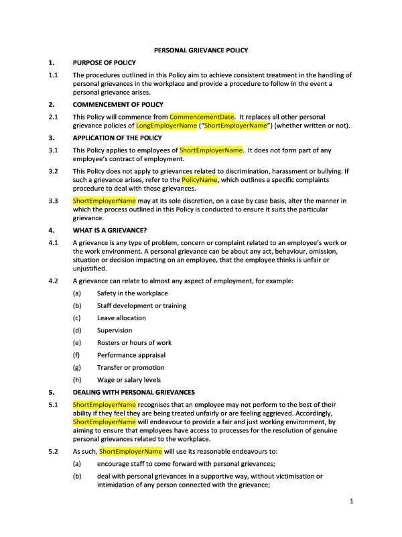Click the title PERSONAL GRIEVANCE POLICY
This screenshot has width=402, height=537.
click(201, 50)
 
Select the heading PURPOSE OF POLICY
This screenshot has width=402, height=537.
click(104, 62)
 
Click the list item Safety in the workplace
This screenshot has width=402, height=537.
click(132, 293)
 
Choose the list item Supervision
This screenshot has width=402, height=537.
click(115, 330)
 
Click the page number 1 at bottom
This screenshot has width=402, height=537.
click(352, 501)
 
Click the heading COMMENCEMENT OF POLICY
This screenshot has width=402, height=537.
click(117, 105)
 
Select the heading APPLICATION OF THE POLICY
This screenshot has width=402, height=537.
click(117, 138)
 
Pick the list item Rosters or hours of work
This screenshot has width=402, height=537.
click(134, 342)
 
